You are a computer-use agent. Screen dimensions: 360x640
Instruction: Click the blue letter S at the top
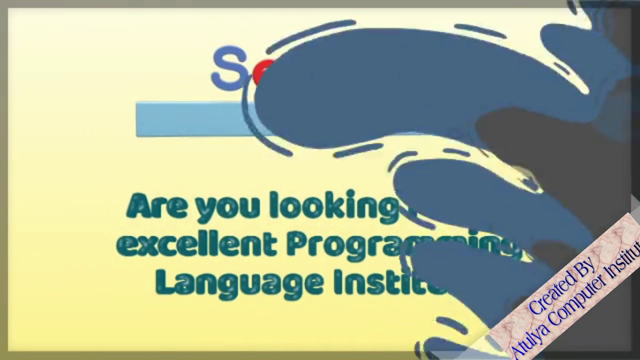tap(229, 68)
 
